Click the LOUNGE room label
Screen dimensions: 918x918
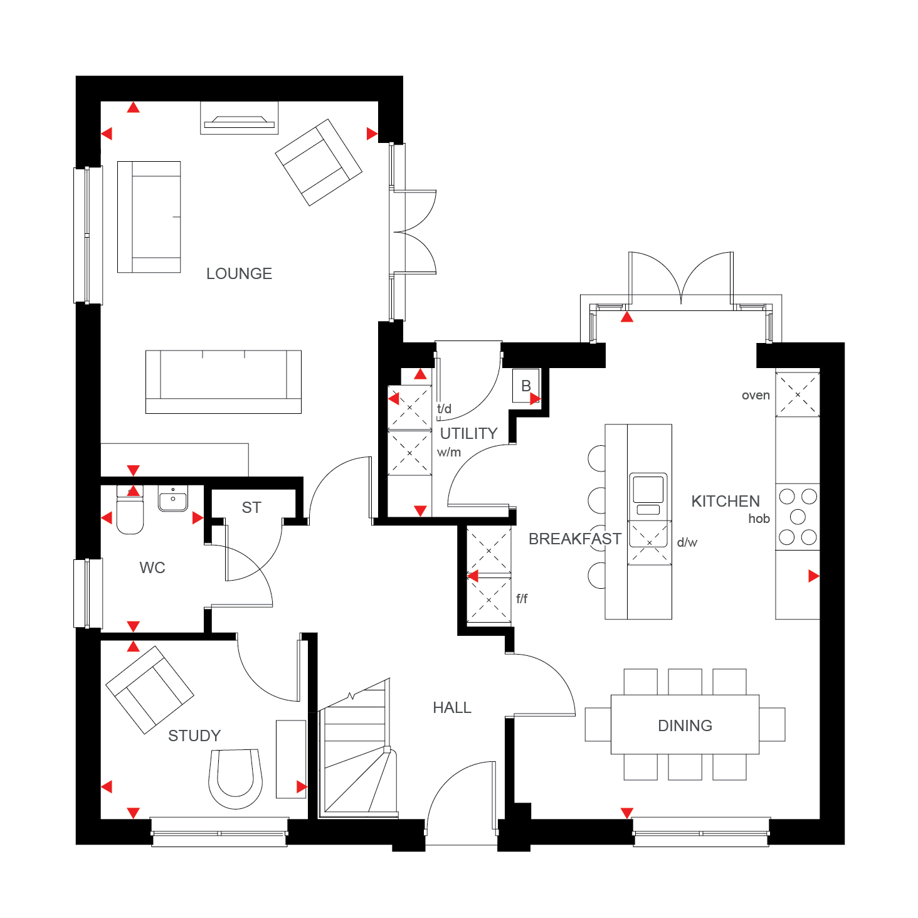point(239,273)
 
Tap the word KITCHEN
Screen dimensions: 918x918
point(725,501)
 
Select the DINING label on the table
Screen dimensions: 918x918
point(685,725)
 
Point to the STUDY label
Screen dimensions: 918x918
point(194,736)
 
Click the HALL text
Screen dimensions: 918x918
point(452,708)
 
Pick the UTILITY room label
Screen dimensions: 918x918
point(469,433)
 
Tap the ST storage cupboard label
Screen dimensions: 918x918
point(251,508)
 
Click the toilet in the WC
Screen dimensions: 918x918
point(130,509)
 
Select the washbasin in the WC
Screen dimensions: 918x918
point(173,499)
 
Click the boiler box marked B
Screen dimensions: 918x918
point(526,386)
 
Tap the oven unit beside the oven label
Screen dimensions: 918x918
point(798,394)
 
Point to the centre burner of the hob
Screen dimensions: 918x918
point(798,517)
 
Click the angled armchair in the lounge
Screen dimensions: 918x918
point(319,162)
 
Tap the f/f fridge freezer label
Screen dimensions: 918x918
point(522,599)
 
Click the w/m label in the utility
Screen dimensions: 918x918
point(449,452)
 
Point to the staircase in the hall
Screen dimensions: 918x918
point(357,748)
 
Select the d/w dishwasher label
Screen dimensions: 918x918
point(687,542)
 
